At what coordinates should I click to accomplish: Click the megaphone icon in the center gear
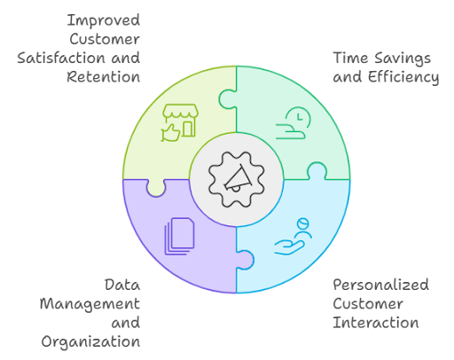(x=238, y=179)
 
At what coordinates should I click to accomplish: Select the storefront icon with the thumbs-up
(x=180, y=122)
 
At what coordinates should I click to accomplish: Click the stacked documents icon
(x=179, y=236)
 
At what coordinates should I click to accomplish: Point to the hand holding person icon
(x=294, y=237)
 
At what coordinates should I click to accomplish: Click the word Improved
(x=104, y=21)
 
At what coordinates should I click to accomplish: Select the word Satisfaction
(x=61, y=58)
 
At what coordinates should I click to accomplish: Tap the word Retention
(x=104, y=77)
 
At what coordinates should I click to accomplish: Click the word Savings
(x=403, y=59)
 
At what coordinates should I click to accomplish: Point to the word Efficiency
(x=403, y=77)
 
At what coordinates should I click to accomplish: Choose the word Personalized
(x=381, y=285)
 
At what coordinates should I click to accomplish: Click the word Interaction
(x=376, y=323)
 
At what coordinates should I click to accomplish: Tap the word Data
(x=122, y=285)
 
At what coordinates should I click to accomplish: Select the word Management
(x=90, y=304)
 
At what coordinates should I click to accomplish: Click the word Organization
(x=90, y=342)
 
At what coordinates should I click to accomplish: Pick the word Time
(x=351, y=58)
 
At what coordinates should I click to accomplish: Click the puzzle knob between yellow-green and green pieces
(x=228, y=99)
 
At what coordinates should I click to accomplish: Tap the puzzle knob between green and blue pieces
(x=317, y=171)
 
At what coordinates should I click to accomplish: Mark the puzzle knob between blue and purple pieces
(x=245, y=260)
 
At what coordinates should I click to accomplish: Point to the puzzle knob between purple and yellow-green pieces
(x=156, y=188)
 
